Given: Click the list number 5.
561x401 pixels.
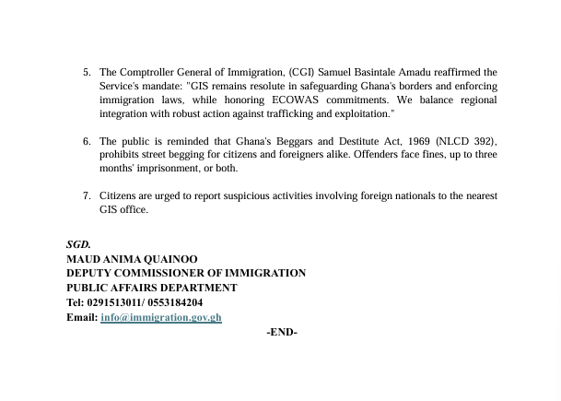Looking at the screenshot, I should tap(86, 72).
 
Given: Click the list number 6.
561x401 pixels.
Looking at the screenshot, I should tap(86, 141).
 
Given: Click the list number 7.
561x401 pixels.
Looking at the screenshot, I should tap(86, 196).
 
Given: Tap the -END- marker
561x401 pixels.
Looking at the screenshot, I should tap(281, 332).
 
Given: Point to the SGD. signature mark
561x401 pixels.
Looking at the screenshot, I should tap(78, 245).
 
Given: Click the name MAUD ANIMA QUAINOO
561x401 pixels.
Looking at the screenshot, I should tap(132, 260).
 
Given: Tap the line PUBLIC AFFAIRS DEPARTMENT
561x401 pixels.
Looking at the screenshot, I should tap(152, 288).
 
